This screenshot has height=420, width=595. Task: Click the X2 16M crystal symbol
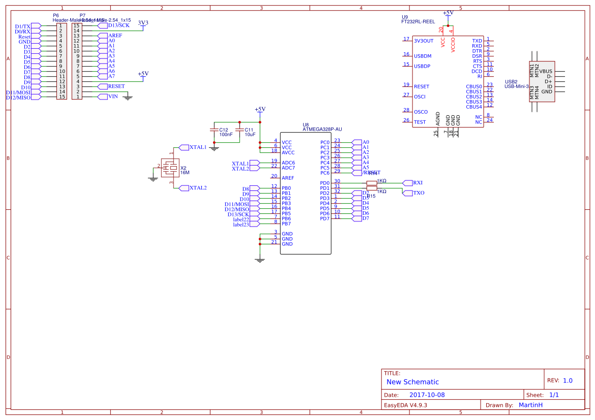click(173, 167)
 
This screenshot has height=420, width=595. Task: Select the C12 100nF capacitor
click(214, 132)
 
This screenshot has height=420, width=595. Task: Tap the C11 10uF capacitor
click(239, 132)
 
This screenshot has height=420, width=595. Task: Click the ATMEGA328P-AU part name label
click(322, 130)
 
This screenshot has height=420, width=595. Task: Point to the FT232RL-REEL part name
click(418, 22)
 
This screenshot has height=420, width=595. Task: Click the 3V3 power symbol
click(143, 23)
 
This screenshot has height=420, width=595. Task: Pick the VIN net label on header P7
click(113, 96)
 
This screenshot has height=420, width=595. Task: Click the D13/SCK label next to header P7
click(118, 25)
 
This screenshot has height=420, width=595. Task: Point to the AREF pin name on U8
click(288, 178)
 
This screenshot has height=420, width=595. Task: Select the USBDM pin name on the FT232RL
click(423, 56)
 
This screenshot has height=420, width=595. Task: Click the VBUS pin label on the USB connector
click(546, 72)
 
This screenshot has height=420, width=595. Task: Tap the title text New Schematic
click(412, 382)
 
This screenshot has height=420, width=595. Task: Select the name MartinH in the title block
click(530, 405)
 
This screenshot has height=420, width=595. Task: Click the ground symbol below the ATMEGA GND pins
click(260, 260)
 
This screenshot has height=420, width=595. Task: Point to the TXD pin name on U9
click(477, 41)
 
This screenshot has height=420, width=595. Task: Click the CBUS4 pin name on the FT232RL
click(474, 107)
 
